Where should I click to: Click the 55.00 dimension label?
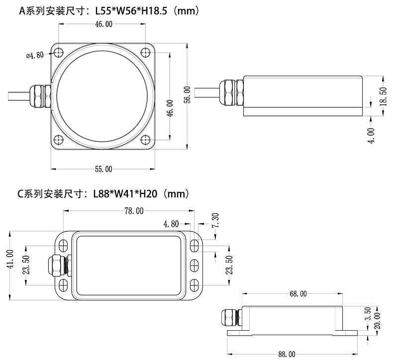(103, 169)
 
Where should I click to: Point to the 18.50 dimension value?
(383, 95)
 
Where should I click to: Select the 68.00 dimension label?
(298, 294)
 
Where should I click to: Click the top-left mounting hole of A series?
(59, 53)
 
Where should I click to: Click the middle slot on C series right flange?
(195, 265)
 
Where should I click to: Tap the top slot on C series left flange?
(63, 246)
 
